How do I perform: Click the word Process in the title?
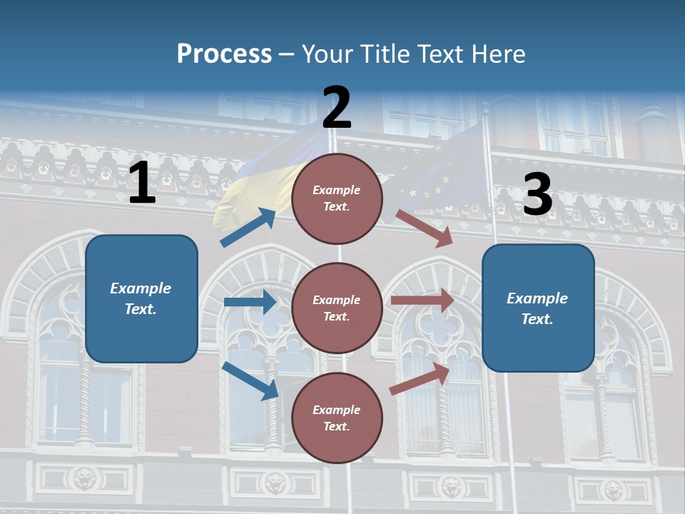(224, 54)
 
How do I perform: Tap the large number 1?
(142, 183)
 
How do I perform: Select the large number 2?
(337, 108)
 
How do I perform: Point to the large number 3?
(537, 194)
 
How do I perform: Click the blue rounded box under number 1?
(141, 298)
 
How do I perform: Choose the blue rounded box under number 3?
(538, 308)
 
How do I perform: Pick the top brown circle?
(337, 198)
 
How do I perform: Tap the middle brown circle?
(337, 308)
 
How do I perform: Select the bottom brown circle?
(337, 418)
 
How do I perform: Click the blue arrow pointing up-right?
(248, 227)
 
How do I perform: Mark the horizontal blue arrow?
(250, 302)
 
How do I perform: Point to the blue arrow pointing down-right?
(250, 381)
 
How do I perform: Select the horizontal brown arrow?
(422, 301)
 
